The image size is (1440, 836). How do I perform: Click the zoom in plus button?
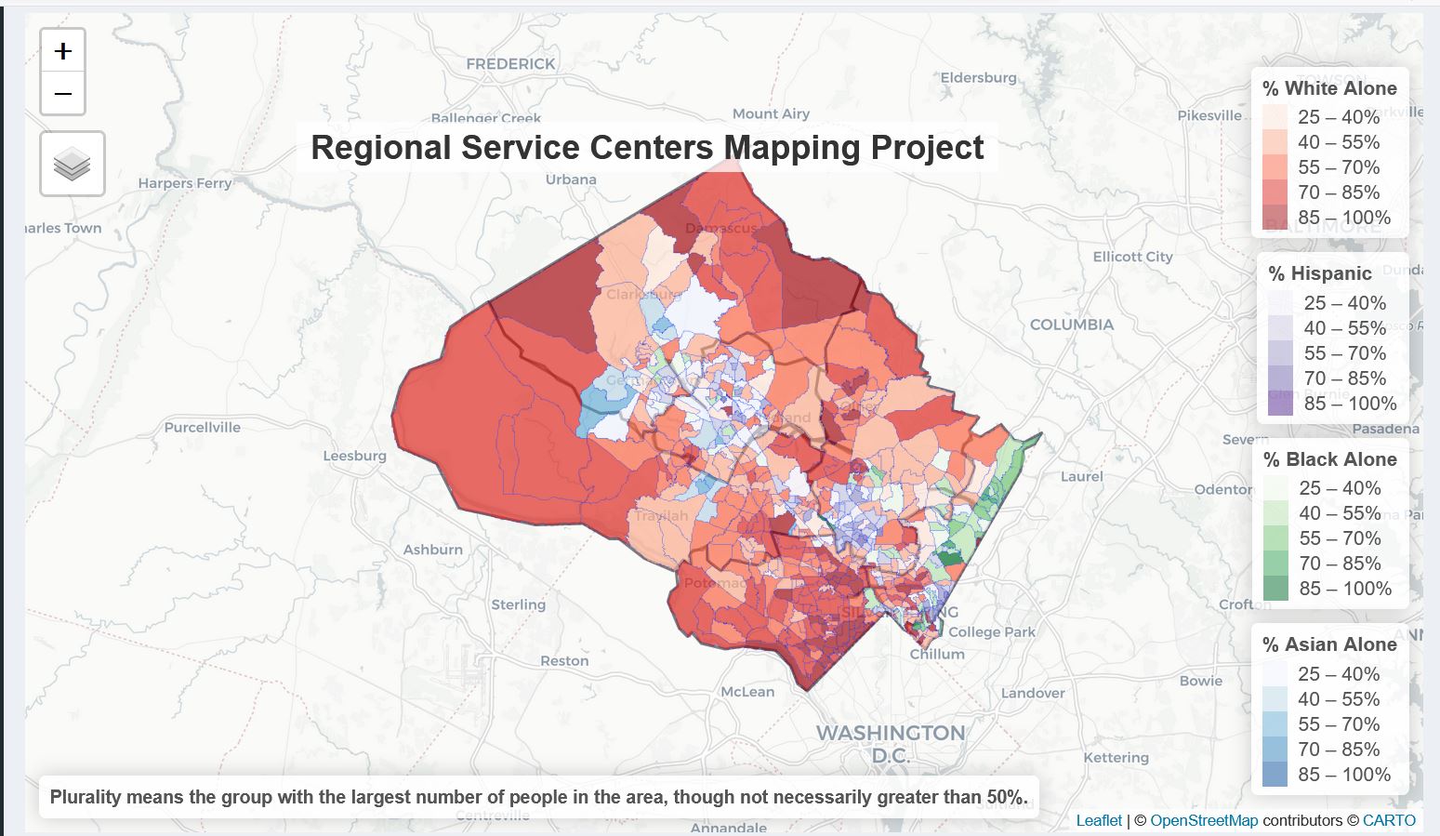[63, 50]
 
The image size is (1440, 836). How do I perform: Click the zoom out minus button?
[63, 94]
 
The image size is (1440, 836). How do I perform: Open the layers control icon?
[73, 165]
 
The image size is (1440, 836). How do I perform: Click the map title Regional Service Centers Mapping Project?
[647, 148]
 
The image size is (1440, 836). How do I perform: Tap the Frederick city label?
[510, 64]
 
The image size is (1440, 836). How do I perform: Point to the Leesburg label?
[354, 456]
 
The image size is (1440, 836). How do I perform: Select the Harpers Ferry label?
[185, 183]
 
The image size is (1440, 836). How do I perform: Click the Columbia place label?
[1071, 325]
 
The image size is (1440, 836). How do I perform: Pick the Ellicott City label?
[1132, 257]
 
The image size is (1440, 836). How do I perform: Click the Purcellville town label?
[202, 428]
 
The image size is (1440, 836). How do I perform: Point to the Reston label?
[564, 661]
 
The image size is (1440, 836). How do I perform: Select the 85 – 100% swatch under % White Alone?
[1275, 218]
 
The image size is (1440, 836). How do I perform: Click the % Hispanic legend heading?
[1319, 273]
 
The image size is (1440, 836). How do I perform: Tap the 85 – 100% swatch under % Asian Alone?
[1275, 775]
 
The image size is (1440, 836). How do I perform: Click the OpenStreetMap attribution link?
[1204, 820]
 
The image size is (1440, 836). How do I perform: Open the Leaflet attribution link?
[1099, 820]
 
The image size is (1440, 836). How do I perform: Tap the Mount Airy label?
[771, 113]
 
